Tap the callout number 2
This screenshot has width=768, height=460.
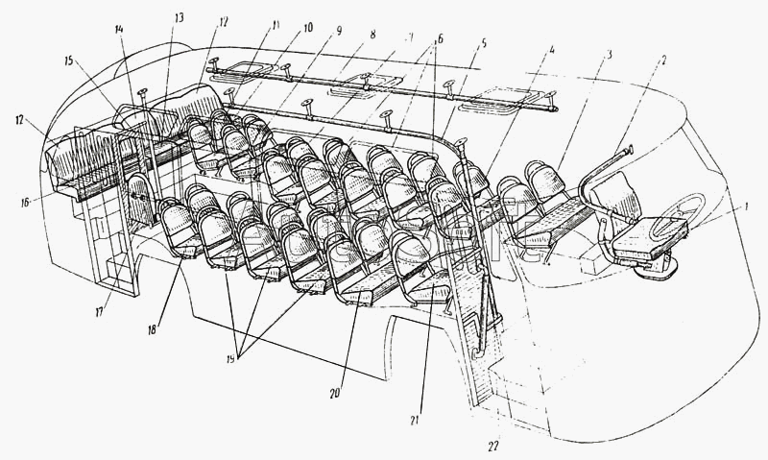coord(663,60)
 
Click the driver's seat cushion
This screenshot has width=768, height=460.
coord(654,231)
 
